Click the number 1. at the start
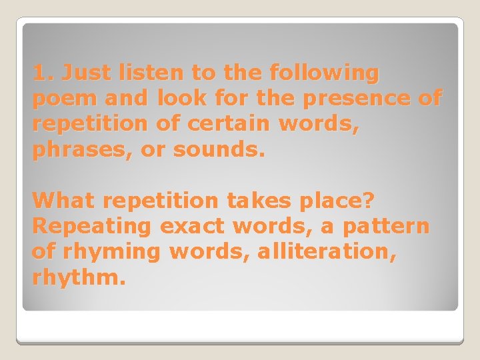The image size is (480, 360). pos(42,73)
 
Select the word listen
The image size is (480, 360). pos(163,73)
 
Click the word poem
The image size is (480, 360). pos(59,99)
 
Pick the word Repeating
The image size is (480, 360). pos(92,227)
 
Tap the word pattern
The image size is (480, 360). pos(386,227)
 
